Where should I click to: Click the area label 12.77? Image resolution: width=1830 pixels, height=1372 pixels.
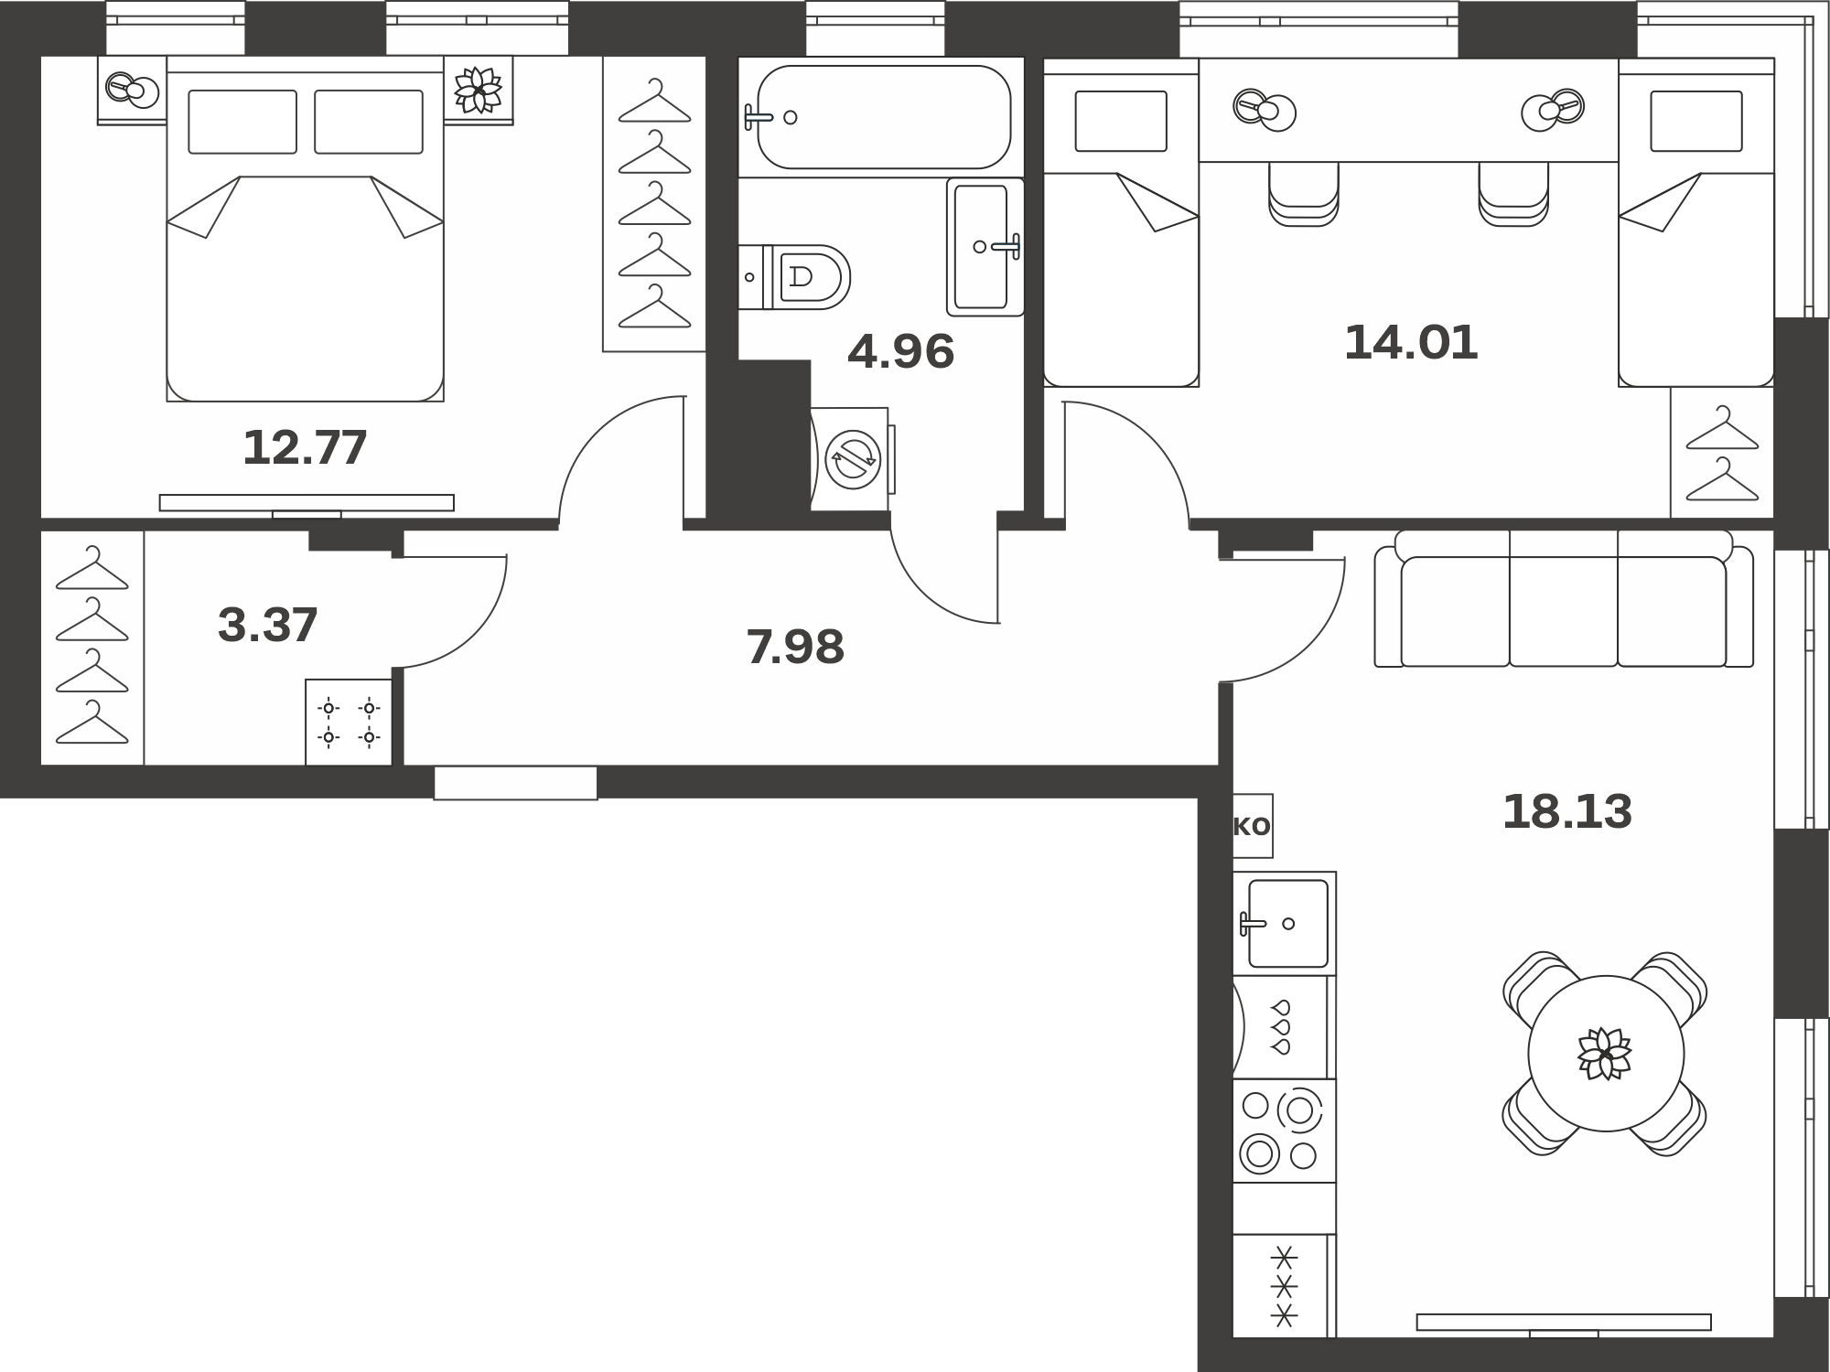[x=305, y=447]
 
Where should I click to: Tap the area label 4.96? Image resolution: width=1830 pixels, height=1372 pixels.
[x=901, y=351]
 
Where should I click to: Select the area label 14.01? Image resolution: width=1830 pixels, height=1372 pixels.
[x=1411, y=342]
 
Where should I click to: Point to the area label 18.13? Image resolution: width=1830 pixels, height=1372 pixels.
[x=1567, y=811]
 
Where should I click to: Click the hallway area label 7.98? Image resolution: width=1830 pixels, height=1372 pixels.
[x=795, y=647]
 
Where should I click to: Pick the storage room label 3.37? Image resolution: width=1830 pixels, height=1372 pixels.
[x=268, y=625]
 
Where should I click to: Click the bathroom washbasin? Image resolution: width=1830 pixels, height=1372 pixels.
[x=985, y=247]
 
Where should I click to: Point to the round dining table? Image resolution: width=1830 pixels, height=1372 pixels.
[x=1606, y=1054]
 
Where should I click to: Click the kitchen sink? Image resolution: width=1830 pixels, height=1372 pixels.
[x=1285, y=923]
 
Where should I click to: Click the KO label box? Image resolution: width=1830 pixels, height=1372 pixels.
[x=1253, y=826]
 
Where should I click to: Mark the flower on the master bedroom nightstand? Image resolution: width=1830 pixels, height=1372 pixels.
[x=479, y=91]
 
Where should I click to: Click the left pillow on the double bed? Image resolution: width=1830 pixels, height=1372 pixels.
[x=242, y=122]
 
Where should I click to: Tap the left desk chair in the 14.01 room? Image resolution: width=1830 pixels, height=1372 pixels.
[x=1304, y=194]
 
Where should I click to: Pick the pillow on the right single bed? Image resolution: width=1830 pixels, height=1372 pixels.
[x=1696, y=121]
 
